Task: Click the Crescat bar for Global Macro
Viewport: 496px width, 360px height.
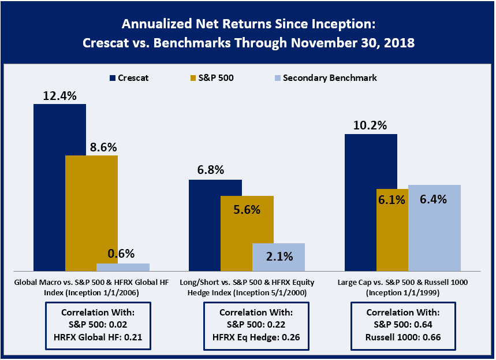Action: pos(59,187)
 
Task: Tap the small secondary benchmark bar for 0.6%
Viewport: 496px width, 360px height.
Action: pos(122,267)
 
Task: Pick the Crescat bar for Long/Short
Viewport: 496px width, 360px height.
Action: pos(215,225)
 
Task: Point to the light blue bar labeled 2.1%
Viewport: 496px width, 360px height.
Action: pos(278,257)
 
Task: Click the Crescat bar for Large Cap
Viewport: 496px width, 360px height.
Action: pos(371,202)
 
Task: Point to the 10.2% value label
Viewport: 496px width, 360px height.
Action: pos(371,125)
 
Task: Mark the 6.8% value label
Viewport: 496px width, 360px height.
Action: pos(215,170)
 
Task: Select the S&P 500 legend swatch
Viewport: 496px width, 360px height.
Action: pos(193,77)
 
